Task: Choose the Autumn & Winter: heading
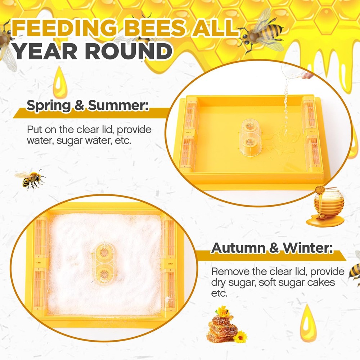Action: (272, 248)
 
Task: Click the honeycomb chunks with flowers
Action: (221, 326)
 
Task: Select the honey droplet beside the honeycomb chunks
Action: (308, 323)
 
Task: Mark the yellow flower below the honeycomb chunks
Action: (239, 337)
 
